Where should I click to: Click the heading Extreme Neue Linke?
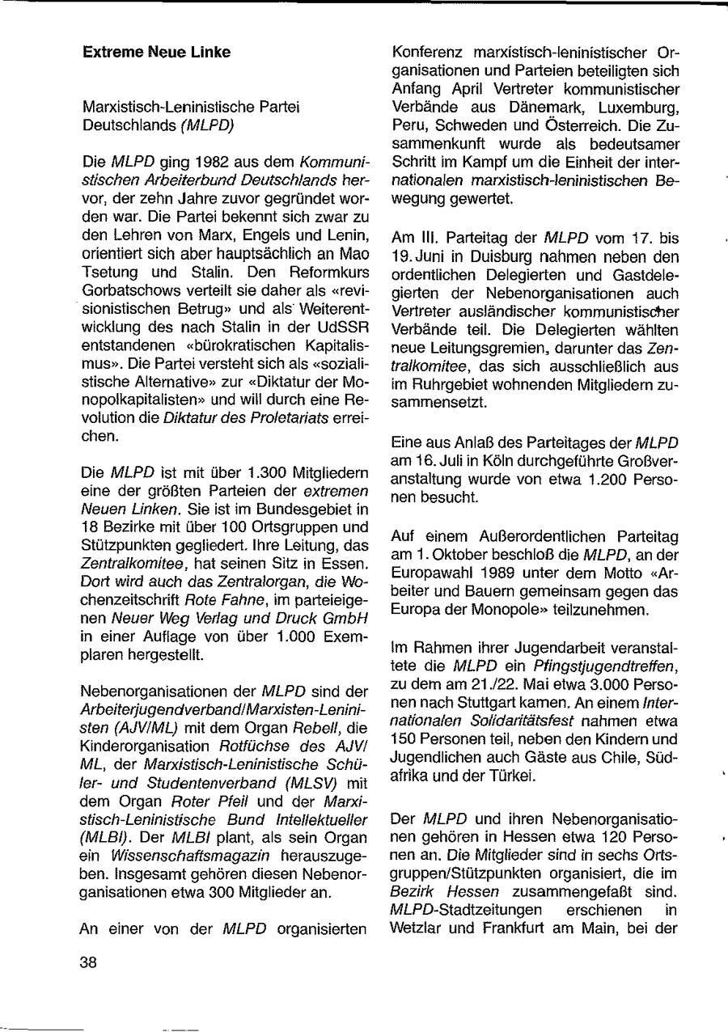156,53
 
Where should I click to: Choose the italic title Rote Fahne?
214,578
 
